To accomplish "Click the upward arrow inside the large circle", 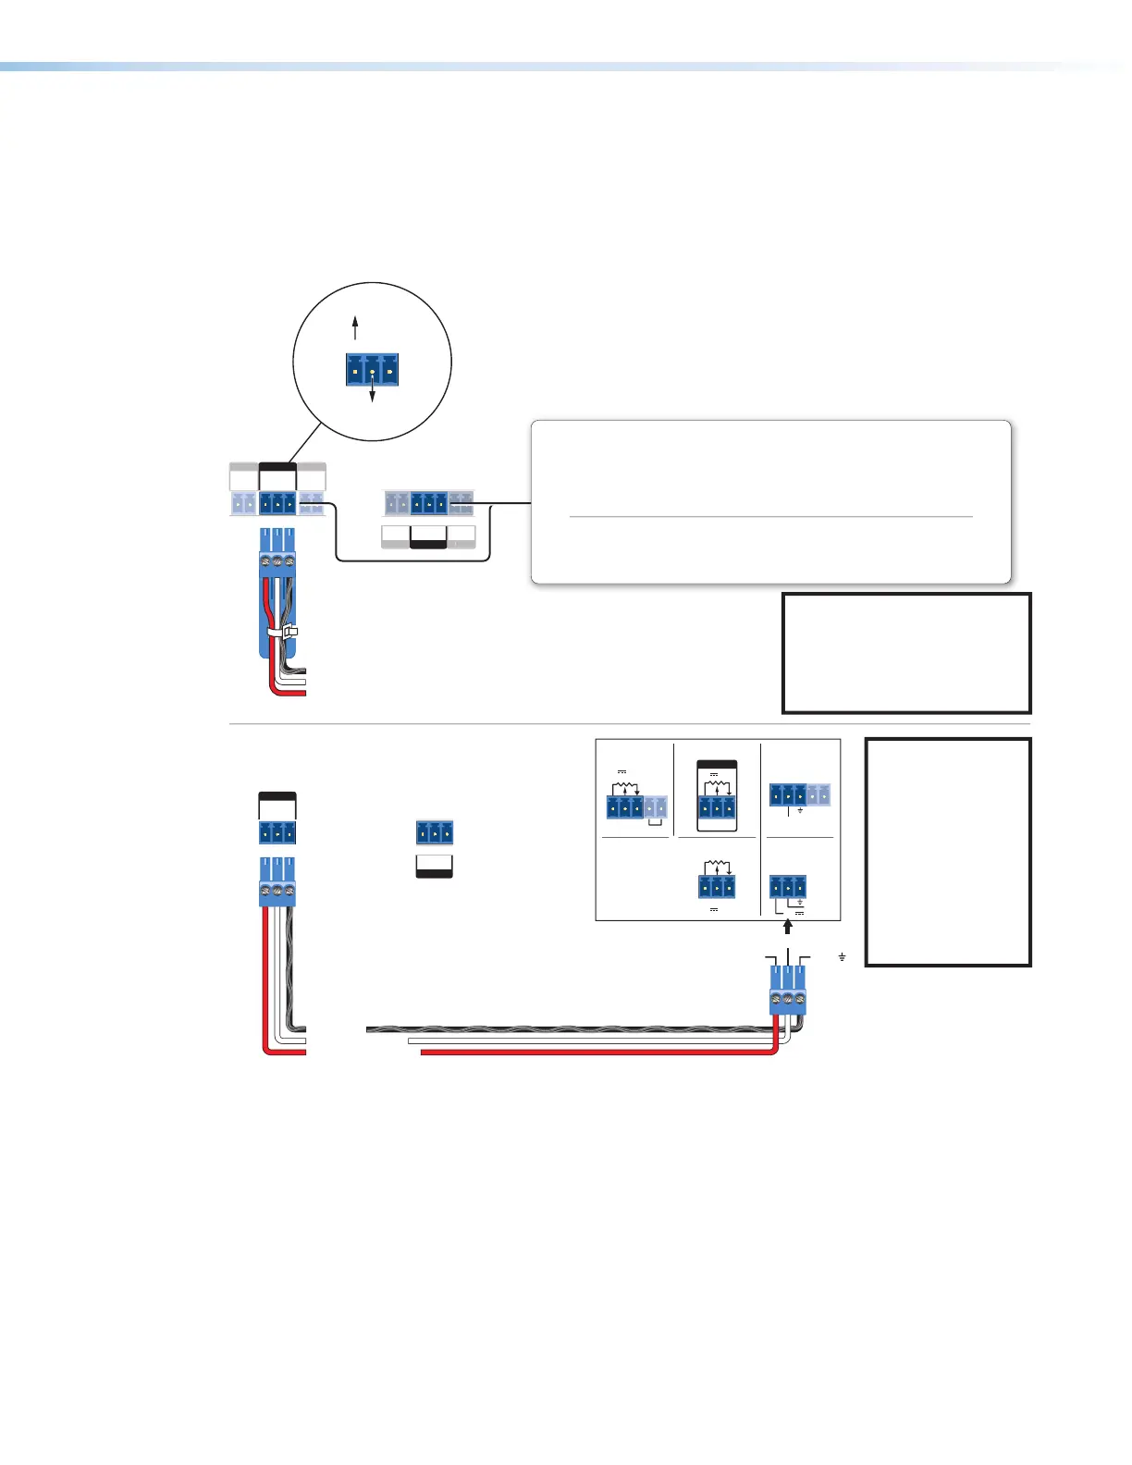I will click(x=354, y=327).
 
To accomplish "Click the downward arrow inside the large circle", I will click(x=372, y=393).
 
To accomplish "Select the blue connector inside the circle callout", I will click(x=372, y=370).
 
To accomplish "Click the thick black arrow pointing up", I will click(x=787, y=926).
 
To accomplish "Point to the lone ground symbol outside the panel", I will click(x=842, y=956).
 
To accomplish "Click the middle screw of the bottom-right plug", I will click(x=787, y=1001).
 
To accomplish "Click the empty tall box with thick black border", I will click(x=947, y=852).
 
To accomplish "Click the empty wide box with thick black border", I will click(x=905, y=653).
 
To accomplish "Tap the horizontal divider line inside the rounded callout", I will click(x=770, y=517).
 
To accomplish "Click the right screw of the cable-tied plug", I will click(x=289, y=560).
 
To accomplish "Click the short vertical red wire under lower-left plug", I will click(x=265, y=971).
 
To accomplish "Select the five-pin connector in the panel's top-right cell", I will click(x=799, y=794).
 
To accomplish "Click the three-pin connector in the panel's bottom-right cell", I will click(x=787, y=887).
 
